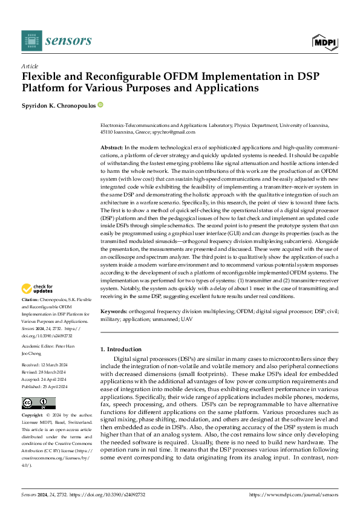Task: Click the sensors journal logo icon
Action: (31, 41)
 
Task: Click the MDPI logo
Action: (324, 41)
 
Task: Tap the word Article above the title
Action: (30, 66)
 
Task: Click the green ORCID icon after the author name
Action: (100, 105)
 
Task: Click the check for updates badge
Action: (38, 290)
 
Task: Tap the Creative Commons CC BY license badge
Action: (39, 403)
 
